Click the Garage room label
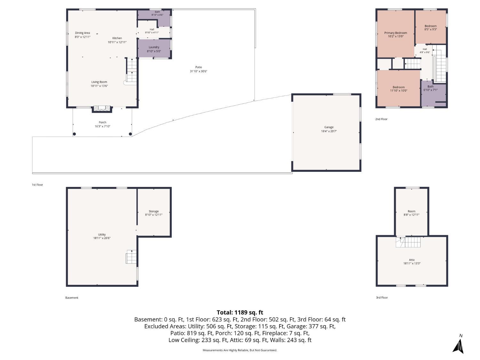[x=329, y=127]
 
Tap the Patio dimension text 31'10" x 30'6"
[x=198, y=71]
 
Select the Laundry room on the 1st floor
[x=154, y=48]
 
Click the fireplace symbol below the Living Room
[x=102, y=108]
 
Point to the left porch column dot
[x=74, y=134]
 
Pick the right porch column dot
[x=130, y=134]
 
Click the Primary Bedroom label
[x=396, y=33]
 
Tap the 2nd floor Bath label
[x=430, y=86]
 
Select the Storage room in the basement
[x=154, y=212]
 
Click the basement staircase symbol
[x=131, y=257]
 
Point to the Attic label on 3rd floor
[x=412, y=260]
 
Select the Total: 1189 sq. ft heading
[x=240, y=312]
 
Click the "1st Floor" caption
[x=37, y=185]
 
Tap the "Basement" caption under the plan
[x=72, y=298]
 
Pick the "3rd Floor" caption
[x=382, y=298]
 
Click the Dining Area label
[x=83, y=33]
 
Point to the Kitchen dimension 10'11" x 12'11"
[x=117, y=42]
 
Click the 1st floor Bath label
[x=157, y=12]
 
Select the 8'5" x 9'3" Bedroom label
[x=431, y=29]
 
